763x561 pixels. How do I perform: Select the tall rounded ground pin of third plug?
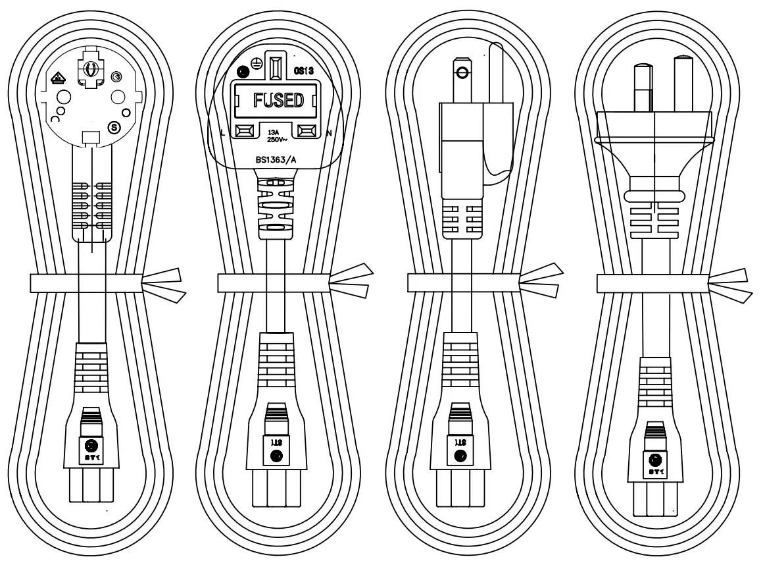pos(498,72)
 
